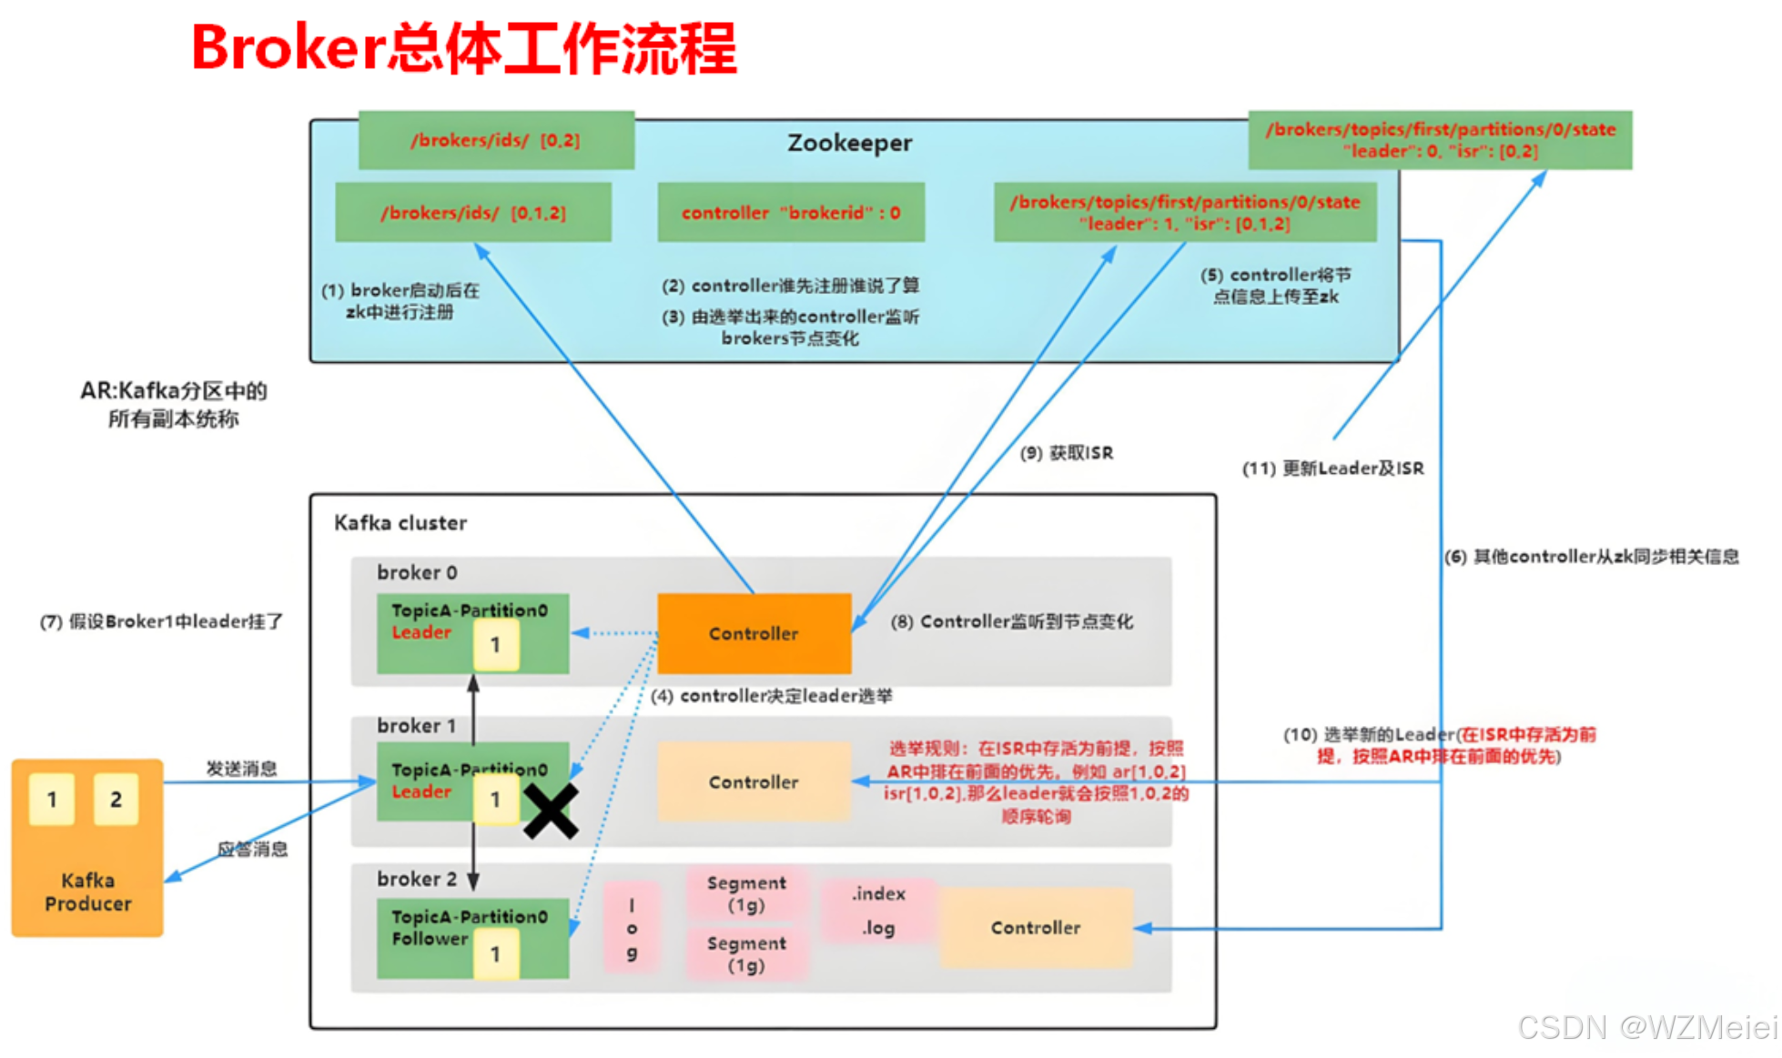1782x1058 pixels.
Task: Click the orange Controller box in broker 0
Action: pyautogui.click(x=754, y=633)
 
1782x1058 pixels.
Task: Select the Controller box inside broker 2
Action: pyautogui.click(x=1036, y=927)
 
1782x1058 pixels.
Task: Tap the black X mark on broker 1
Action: pyautogui.click(x=551, y=810)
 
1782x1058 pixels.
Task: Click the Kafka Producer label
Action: pyautogui.click(x=87, y=892)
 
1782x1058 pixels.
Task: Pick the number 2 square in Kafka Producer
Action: pyautogui.click(x=116, y=799)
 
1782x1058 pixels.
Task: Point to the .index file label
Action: pyautogui.click(x=878, y=893)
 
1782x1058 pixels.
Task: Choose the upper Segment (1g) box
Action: pyautogui.click(x=746, y=893)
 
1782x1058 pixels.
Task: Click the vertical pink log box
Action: pyautogui.click(x=632, y=928)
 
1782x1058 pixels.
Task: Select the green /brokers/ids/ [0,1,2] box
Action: pyautogui.click(x=472, y=212)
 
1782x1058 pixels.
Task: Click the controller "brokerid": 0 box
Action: pyautogui.click(x=791, y=212)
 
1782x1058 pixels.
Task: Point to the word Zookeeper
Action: pyautogui.click(x=849, y=143)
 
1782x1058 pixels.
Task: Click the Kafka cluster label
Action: pyautogui.click(x=400, y=523)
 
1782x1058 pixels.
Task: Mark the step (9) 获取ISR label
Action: pyautogui.click(x=1066, y=453)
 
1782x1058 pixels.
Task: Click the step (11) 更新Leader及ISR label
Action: pyautogui.click(x=1332, y=469)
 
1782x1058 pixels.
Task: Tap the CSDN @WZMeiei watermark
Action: pyautogui.click(x=1646, y=1027)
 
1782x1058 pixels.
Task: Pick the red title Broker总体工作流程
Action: pyautogui.click(x=463, y=47)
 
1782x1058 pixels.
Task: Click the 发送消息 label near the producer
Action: pyautogui.click(x=241, y=769)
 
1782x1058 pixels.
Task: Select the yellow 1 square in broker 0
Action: pyautogui.click(x=495, y=645)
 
